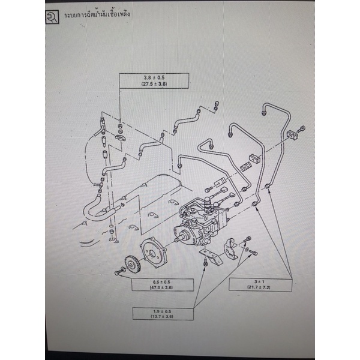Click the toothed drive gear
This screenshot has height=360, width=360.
(128, 265)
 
